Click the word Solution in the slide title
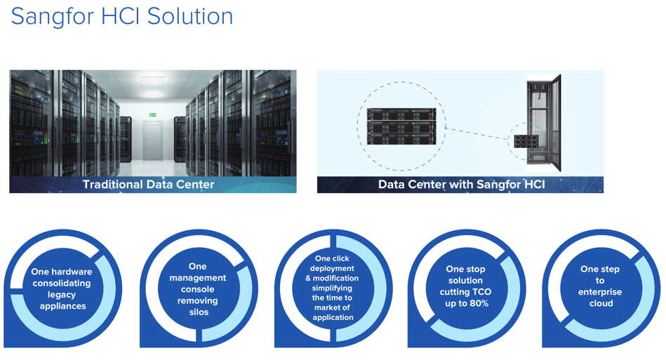190,16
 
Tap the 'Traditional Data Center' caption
148,185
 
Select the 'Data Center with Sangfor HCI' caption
461,185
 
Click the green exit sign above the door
153,114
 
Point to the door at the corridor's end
152,140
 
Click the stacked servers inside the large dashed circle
401,126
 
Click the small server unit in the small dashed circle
526,141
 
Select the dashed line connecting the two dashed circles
477,133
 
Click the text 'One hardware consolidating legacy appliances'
62,288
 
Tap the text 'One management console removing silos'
197,289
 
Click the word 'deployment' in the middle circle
332,268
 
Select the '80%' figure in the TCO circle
479,304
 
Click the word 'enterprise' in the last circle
600,292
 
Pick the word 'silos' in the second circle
199,312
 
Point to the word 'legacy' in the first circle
62,295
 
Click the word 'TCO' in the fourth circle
482,292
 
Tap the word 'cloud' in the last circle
601,304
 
